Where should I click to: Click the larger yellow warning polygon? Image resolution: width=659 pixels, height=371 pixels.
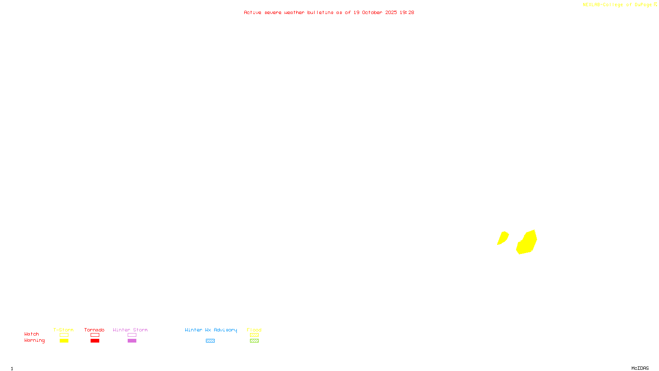click(527, 243)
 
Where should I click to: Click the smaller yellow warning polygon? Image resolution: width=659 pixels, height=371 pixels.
click(502, 238)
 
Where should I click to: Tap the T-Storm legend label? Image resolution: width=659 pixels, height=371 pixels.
click(63, 330)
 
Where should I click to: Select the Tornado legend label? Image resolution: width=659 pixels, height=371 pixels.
click(94, 330)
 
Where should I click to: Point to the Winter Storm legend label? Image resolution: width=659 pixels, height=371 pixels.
click(130, 330)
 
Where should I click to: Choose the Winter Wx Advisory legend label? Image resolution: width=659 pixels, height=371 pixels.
click(211, 330)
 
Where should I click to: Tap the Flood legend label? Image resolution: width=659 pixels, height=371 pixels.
click(254, 330)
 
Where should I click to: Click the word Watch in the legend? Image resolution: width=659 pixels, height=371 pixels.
click(32, 334)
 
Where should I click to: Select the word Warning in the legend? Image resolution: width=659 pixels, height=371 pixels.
click(34, 340)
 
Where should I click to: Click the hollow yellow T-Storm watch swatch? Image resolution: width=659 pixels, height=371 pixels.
click(64, 335)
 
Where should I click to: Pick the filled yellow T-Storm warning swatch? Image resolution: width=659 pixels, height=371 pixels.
click(64, 341)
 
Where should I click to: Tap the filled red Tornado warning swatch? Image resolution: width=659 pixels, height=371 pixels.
click(95, 341)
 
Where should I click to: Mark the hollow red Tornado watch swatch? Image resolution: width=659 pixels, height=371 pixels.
click(95, 335)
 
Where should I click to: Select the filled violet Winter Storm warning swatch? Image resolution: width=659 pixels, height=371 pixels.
click(132, 341)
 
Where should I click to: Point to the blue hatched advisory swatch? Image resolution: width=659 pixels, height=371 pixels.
click(210, 341)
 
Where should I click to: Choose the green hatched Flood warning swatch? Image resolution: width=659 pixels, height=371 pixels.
click(254, 341)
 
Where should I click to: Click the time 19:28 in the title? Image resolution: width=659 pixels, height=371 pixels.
click(407, 12)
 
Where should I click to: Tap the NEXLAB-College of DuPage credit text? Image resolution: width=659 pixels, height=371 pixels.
click(617, 5)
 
